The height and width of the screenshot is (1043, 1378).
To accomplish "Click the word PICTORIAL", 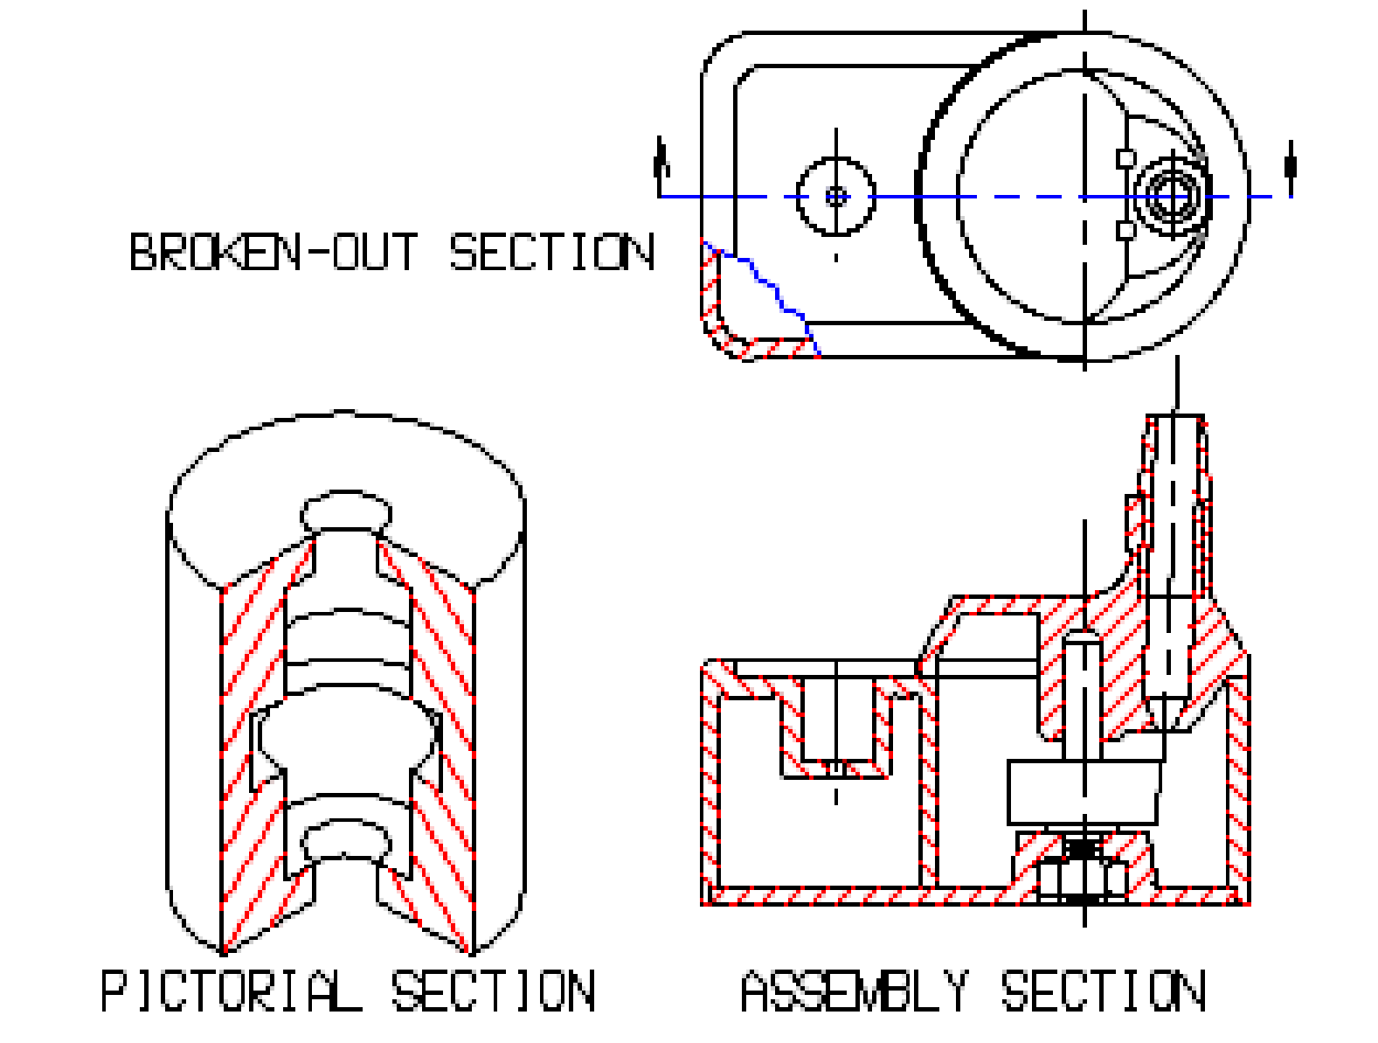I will pyautogui.click(x=231, y=991).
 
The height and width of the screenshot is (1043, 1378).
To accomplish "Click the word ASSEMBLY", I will pyautogui.click(x=855, y=991).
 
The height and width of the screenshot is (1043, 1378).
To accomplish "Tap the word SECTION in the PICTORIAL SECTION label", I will pyautogui.click(x=493, y=991).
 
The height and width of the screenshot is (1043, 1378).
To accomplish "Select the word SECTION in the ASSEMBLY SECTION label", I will pyautogui.click(x=1103, y=991).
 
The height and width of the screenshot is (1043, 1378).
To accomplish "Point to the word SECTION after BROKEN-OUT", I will pyautogui.click(x=551, y=252).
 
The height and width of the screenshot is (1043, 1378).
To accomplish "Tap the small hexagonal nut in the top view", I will pyautogui.click(x=1171, y=197).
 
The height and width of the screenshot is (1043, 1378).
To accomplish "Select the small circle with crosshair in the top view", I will pyautogui.click(x=836, y=197).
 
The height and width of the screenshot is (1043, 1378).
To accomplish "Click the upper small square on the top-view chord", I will pyautogui.click(x=1126, y=158).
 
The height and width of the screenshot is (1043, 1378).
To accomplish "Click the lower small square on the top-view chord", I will pyautogui.click(x=1126, y=231).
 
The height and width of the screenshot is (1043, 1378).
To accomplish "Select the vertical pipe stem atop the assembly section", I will pyautogui.click(x=1175, y=507).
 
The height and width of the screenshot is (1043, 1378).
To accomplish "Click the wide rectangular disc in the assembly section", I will pyautogui.click(x=1084, y=791).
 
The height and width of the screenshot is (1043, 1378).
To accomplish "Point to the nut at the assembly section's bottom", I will pyautogui.click(x=1084, y=879).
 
